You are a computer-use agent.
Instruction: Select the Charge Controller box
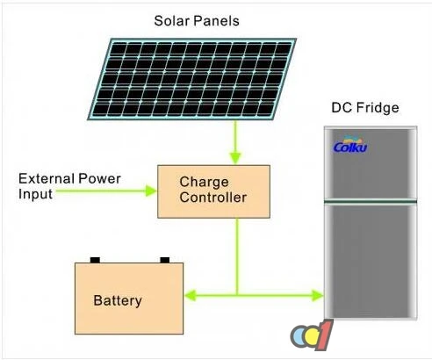[x=213, y=190]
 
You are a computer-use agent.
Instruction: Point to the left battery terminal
[x=96, y=259]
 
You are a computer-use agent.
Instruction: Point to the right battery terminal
[x=163, y=259]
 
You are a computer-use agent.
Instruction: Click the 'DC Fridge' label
[x=364, y=109]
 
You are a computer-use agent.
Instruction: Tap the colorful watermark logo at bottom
[x=313, y=336]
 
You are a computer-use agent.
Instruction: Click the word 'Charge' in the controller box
[x=204, y=183]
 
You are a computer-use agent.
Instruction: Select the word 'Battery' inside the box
[x=117, y=300]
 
